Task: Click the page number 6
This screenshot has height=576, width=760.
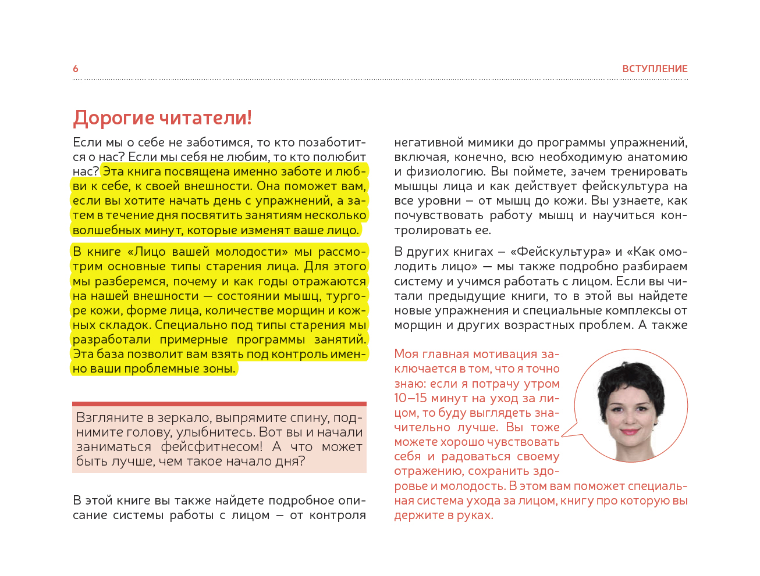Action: (x=76, y=69)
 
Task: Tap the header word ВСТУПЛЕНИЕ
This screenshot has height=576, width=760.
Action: (x=655, y=69)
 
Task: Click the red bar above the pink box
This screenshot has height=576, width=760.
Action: (x=219, y=403)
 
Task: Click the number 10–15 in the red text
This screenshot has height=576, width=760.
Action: (x=410, y=398)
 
